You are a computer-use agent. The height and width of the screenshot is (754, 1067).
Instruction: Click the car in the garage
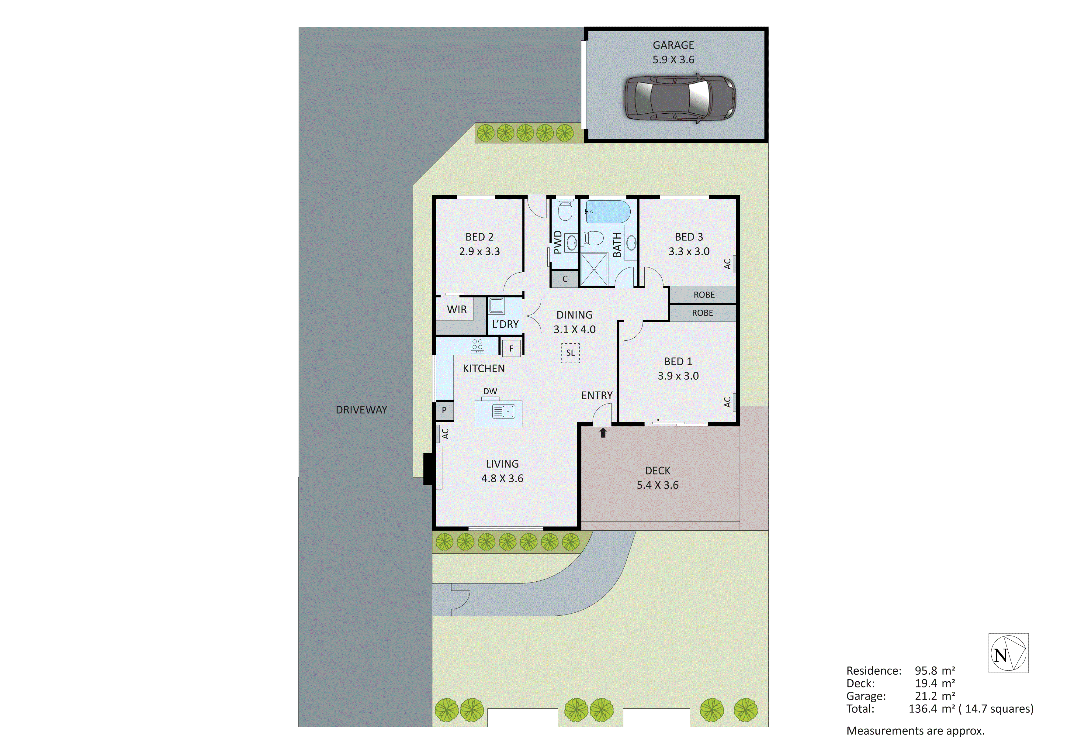[x=679, y=98]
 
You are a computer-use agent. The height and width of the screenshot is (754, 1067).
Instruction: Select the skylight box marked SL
[x=570, y=353]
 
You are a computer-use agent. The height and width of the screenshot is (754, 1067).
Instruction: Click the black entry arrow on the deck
[x=603, y=433]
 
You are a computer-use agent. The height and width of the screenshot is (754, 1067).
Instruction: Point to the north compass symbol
[x=1008, y=653]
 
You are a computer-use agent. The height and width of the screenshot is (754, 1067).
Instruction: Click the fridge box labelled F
[x=511, y=348]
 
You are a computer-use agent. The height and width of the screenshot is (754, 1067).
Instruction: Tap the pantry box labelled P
[x=444, y=410]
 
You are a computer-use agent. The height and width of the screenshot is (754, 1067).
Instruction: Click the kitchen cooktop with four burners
[x=477, y=345]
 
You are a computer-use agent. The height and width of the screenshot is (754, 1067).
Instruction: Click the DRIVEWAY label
[x=361, y=410]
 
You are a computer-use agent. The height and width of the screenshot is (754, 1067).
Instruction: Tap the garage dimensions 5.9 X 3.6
[x=674, y=60]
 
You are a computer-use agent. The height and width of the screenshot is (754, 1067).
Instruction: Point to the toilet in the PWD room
[x=565, y=210]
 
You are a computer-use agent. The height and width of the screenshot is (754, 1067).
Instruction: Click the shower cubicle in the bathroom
[x=594, y=269]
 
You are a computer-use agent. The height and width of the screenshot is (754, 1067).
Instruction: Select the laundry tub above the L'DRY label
[x=496, y=306]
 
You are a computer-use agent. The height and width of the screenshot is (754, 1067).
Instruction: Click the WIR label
[x=457, y=309]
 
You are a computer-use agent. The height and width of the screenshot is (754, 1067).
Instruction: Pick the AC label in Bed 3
[x=728, y=264]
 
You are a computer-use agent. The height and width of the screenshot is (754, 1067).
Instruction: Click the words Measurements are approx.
[x=915, y=731]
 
